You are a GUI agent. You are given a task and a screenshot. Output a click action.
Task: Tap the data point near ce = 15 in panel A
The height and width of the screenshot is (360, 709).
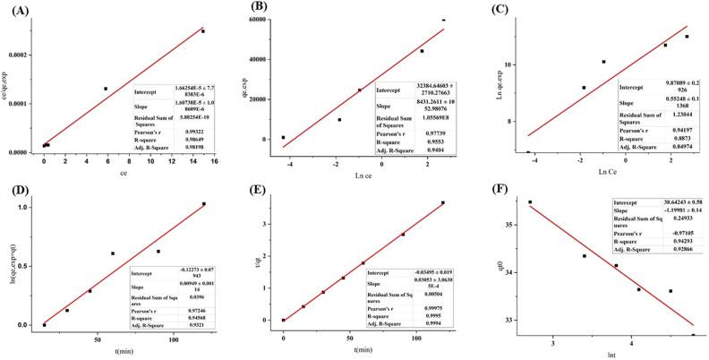tap(203, 31)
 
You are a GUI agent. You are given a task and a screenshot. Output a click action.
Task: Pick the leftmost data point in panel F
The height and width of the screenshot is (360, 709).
tap(530, 202)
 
